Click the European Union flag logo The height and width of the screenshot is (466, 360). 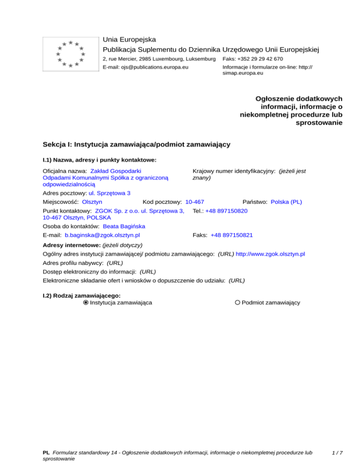click(70, 54)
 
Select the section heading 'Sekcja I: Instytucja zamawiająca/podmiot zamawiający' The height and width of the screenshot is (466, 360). click(136, 145)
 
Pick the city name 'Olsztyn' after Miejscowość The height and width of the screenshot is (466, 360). click(92, 202)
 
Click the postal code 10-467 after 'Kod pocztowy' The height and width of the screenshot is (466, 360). click(195, 202)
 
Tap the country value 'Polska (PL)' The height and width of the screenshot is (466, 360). click(286, 202)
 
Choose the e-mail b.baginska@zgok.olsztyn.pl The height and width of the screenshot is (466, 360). click(103, 235)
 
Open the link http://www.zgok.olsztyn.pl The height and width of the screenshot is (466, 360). click(270, 254)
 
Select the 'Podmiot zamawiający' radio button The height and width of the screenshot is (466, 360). click(238, 303)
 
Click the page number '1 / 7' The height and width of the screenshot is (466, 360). click(337, 452)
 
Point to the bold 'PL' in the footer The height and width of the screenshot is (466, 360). click(46, 452)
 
